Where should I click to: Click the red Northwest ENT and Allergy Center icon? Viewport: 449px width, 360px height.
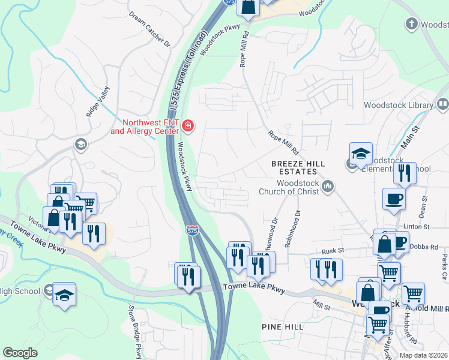click(188, 125)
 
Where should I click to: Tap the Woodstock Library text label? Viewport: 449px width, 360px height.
click(399, 106)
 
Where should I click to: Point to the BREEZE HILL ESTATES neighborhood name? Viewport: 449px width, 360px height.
click(298, 167)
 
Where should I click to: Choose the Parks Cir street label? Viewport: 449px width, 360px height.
click(444, 262)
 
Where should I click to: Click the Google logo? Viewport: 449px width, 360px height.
click(20, 353)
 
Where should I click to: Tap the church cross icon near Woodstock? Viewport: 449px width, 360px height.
click(411, 24)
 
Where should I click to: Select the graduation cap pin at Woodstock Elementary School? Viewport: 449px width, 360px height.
click(361, 155)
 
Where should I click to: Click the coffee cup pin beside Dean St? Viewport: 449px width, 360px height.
click(394, 199)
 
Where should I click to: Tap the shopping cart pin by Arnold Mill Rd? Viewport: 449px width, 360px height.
click(413, 294)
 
